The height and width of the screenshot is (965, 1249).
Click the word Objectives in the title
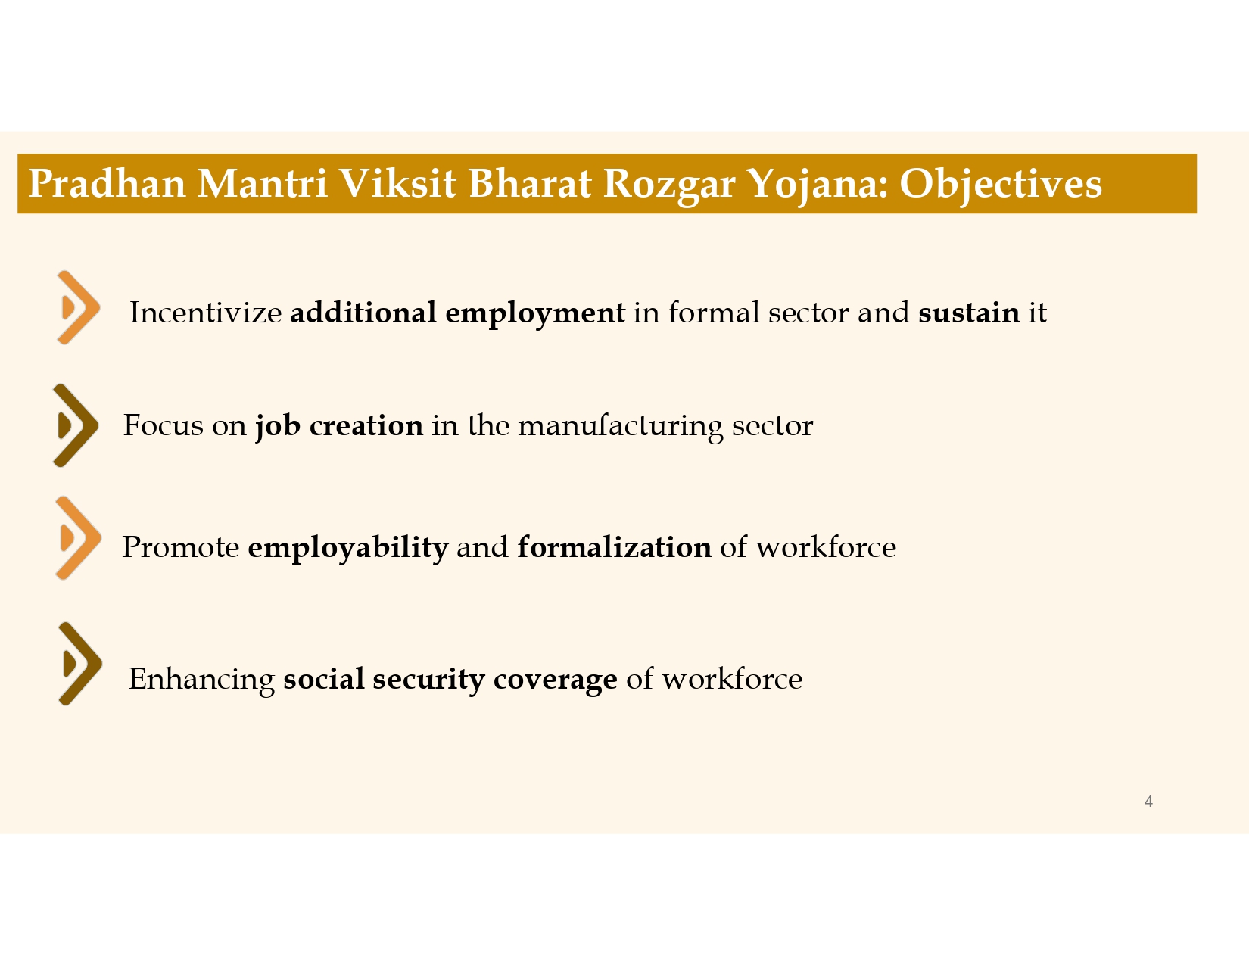(x=1000, y=184)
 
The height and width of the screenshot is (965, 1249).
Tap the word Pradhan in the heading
(x=107, y=184)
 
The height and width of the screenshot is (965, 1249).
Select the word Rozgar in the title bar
(x=668, y=184)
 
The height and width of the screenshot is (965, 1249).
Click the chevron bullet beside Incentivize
(x=78, y=308)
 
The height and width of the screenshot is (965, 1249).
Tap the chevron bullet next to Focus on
(x=76, y=425)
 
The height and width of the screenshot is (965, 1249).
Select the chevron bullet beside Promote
(x=78, y=538)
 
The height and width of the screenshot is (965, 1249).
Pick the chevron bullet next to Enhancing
(x=79, y=664)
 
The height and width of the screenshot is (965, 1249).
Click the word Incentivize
(x=205, y=313)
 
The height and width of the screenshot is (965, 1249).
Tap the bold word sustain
(x=968, y=313)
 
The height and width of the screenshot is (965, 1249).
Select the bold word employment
(x=534, y=313)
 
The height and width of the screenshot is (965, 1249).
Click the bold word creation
(x=366, y=425)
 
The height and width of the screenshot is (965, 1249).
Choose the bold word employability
(x=347, y=547)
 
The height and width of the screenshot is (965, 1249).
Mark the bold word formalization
(x=614, y=546)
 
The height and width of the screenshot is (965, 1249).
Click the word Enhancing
(x=201, y=680)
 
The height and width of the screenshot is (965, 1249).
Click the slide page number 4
(x=1148, y=802)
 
